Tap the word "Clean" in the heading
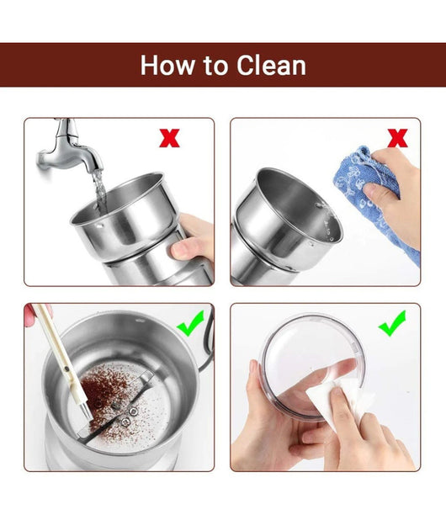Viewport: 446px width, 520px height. pos(271,65)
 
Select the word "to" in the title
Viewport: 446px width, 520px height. pos(215,66)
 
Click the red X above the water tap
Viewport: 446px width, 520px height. pos(169,138)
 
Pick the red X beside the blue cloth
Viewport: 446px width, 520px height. pos(397,138)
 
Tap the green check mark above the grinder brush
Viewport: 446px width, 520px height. pos(191,323)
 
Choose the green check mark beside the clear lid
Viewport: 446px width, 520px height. pos(392,323)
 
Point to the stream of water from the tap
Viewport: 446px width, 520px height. pos(99,191)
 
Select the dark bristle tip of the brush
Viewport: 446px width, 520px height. pos(87,411)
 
